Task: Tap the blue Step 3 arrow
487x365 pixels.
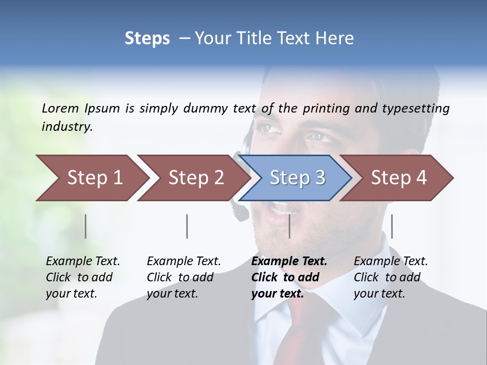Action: click(297, 178)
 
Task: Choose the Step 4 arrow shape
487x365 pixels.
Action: click(398, 178)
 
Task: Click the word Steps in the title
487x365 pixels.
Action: click(147, 38)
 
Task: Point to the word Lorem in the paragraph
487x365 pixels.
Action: click(60, 108)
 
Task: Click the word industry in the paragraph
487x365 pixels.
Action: click(66, 127)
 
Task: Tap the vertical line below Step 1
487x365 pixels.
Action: click(86, 226)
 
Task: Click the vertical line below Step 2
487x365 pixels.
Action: click(187, 226)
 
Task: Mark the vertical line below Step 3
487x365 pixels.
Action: click(289, 226)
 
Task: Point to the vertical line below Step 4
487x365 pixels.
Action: click(392, 226)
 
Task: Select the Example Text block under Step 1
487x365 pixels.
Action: click(83, 277)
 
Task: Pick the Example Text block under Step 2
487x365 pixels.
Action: click(184, 277)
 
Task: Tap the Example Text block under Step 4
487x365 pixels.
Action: click(391, 277)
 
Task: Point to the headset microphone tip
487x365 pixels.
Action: click(239, 213)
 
